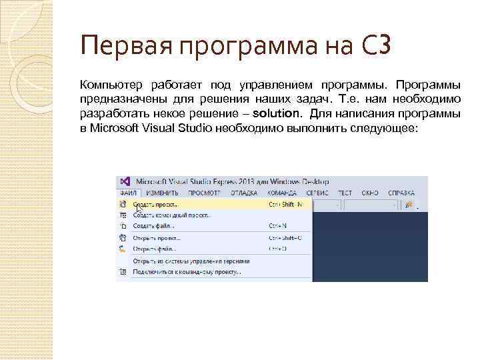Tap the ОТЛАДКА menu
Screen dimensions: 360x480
[243, 193]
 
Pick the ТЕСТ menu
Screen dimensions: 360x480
[345, 193]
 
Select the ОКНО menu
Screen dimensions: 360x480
[370, 193]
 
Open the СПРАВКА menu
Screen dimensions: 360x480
[402, 193]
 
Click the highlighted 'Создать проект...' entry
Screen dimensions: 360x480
[157, 204]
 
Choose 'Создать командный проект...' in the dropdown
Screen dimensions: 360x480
[172, 215]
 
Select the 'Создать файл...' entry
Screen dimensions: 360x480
[153, 227]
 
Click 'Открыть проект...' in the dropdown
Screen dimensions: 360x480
[157, 237]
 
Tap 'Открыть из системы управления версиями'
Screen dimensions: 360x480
[191, 261]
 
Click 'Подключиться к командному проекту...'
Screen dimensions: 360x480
[187, 272]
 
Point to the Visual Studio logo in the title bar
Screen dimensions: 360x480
[124, 181]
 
